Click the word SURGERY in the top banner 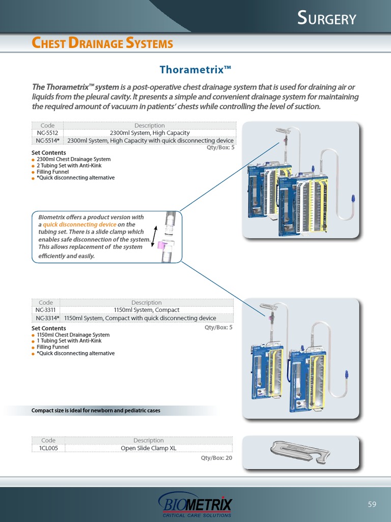[x=326, y=18]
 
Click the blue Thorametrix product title [x=195, y=69]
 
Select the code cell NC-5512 [x=47, y=133]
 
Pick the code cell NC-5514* [x=47, y=141]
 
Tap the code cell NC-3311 [x=45, y=310]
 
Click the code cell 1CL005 [x=48, y=448]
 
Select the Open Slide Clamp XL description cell [x=148, y=448]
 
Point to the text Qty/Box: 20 [x=216, y=458]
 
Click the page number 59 [x=372, y=504]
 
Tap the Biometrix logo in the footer [x=195, y=504]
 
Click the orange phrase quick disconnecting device [x=79, y=224]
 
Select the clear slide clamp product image [x=300, y=452]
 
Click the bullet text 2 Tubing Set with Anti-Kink [x=69, y=166]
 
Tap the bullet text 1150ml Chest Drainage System [x=73, y=334]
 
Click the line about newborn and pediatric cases [x=96, y=410]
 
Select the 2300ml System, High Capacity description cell [x=150, y=133]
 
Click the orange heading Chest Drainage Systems [x=102, y=43]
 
